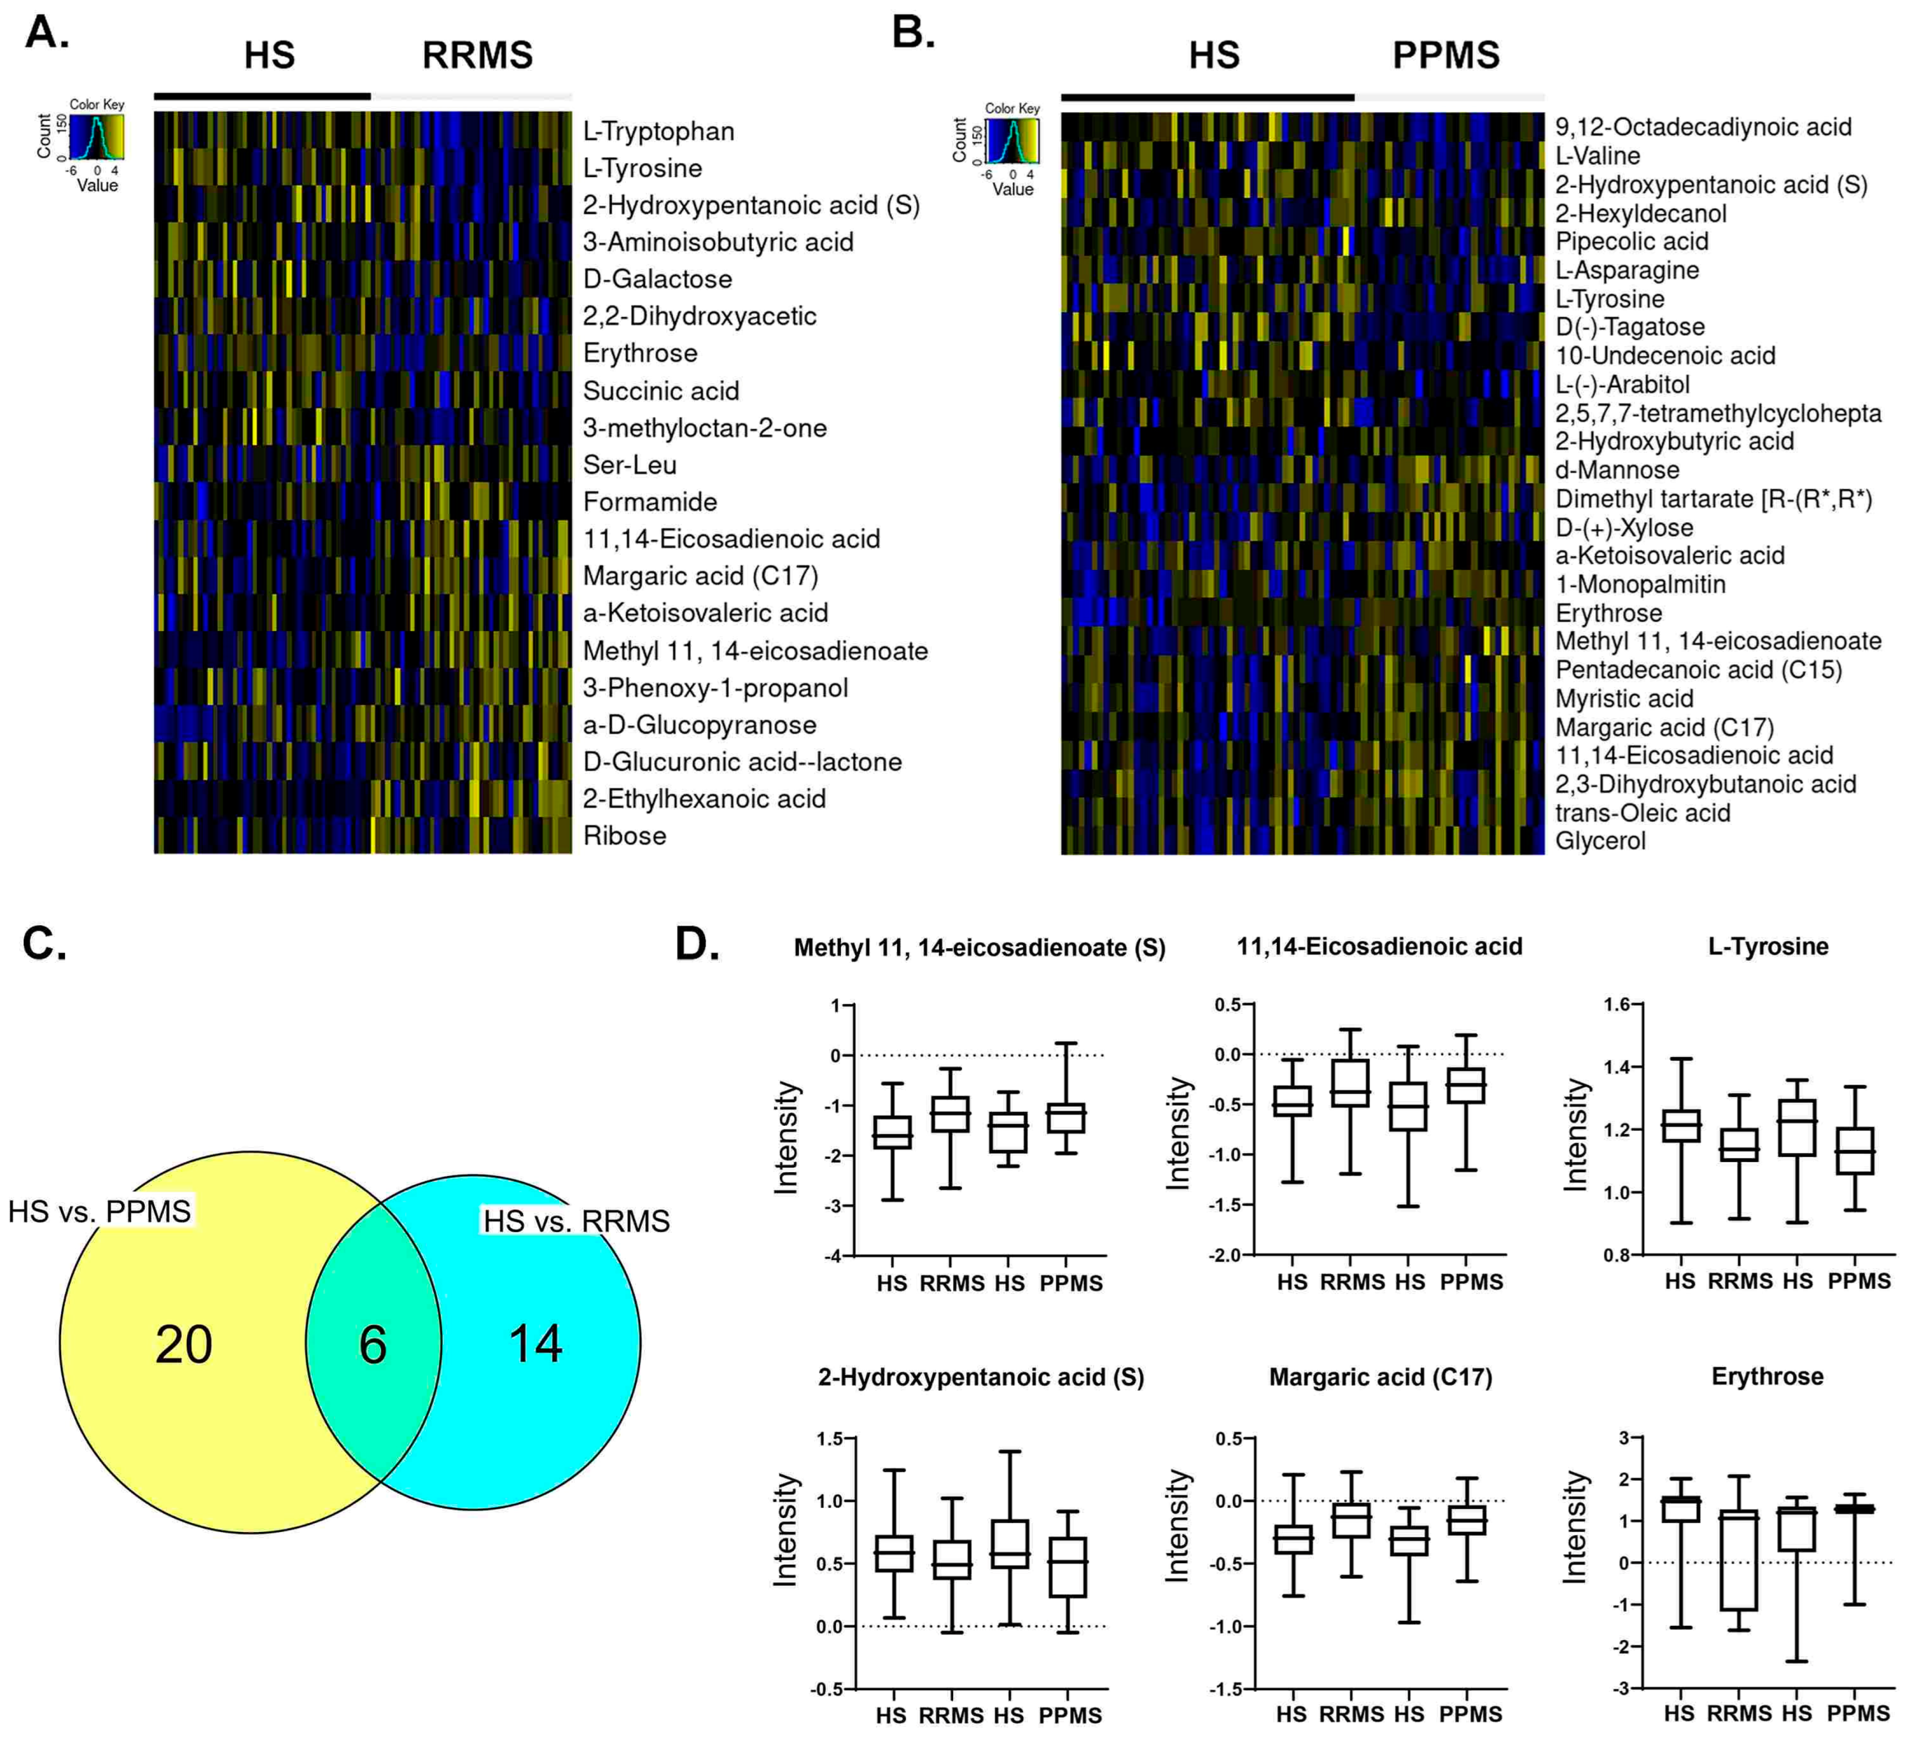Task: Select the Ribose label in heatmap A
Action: pyautogui.click(x=624, y=836)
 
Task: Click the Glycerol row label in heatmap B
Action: pyautogui.click(x=1600, y=841)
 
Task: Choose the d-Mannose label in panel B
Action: pyautogui.click(x=1617, y=470)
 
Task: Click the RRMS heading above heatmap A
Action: pyautogui.click(x=477, y=55)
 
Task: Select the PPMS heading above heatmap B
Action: pyautogui.click(x=1445, y=55)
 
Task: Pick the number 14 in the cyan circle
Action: pyautogui.click(x=535, y=1344)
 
